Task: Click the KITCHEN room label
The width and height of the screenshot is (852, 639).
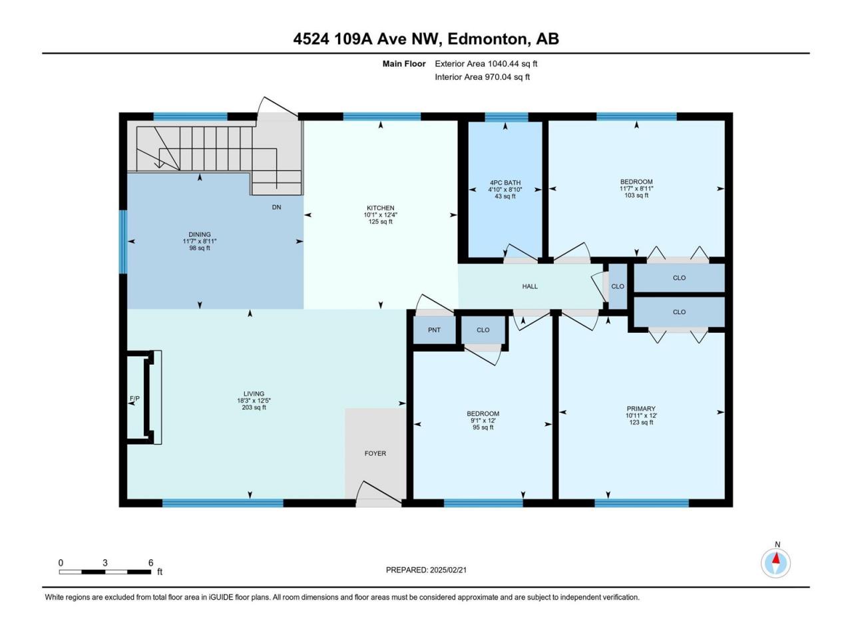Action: pos(380,208)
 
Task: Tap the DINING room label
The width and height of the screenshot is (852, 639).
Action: pos(200,234)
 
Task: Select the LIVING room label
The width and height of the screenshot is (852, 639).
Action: pos(254,393)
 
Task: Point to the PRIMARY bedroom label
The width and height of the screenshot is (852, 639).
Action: pos(641,409)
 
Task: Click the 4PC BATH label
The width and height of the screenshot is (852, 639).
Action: pos(505,183)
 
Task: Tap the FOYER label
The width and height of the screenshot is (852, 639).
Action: pos(375,453)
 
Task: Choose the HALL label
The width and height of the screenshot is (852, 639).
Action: pos(530,286)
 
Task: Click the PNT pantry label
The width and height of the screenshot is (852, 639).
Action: pos(434,329)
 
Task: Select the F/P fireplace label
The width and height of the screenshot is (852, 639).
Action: pos(134,399)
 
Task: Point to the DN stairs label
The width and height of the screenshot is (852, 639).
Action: pos(276,207)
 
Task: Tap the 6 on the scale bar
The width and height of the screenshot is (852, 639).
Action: pos(150,562)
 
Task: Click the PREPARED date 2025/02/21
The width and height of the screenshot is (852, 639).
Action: pos(448,570)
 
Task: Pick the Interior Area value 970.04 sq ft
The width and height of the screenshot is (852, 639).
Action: pos(507,77)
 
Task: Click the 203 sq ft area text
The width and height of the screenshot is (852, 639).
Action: pos(254,407)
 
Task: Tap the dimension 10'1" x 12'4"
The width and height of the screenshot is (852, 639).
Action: pos(380,214)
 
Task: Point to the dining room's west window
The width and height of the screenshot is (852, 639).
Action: pos(123,242)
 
